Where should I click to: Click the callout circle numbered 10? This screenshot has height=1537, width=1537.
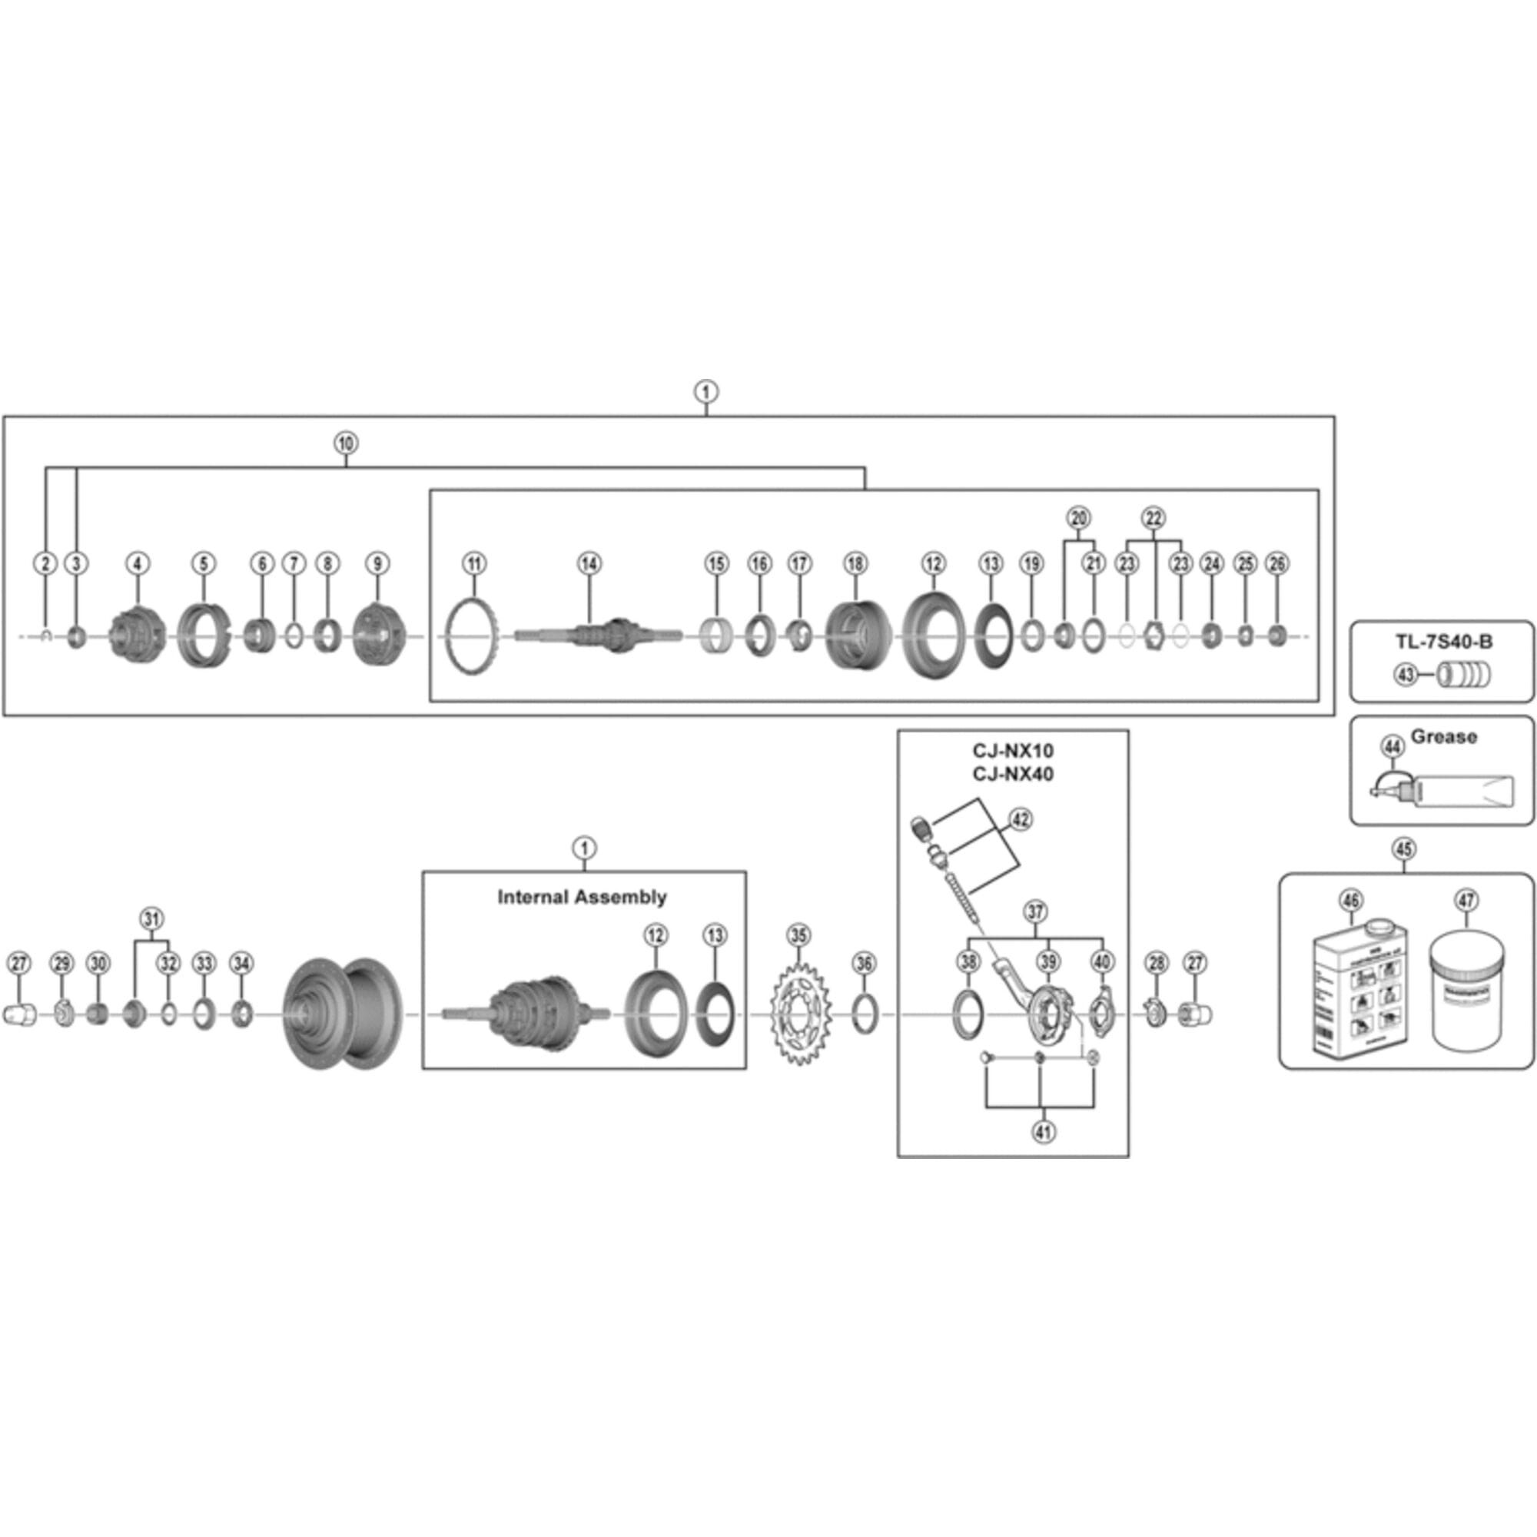345,443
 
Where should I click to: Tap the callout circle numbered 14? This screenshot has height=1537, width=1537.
589,564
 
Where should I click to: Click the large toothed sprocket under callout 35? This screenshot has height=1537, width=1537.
799,1017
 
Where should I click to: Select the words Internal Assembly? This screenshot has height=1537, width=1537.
583,898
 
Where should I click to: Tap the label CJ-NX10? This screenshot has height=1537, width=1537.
1013,751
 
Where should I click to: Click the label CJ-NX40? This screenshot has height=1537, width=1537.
1013,774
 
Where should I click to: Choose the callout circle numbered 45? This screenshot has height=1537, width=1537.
1404,849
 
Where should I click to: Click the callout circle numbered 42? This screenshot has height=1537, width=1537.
1020,819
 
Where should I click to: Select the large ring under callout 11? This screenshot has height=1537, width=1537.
473,638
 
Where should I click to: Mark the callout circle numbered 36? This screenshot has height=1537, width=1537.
864,964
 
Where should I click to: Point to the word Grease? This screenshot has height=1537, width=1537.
1444,738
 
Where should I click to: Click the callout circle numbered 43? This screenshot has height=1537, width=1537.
1406,675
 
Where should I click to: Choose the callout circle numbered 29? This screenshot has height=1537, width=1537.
61,964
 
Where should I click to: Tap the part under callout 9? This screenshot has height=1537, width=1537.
379,635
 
